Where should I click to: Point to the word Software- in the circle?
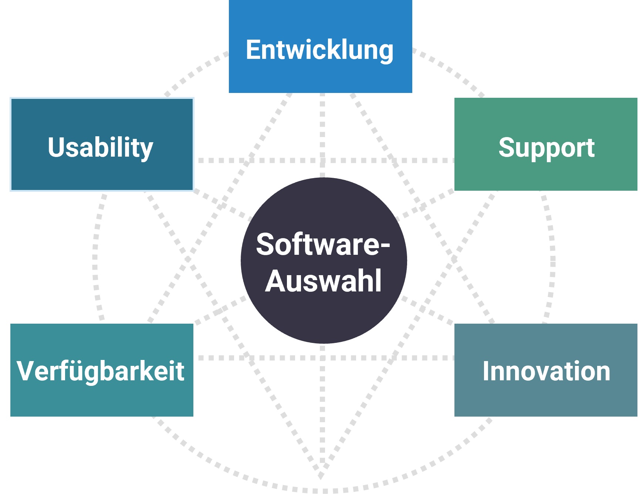[x=318, y=244]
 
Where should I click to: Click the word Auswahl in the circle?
[x=324, y=281]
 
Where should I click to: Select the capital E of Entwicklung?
[x=254, y=50]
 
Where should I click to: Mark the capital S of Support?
[x=507, y=147]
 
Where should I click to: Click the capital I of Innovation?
[x=486, y=371]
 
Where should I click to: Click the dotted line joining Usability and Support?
[x=281, y=160]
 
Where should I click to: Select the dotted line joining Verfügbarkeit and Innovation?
[x=281, y=358]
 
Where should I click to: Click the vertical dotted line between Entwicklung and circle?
[x=322, y=133]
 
